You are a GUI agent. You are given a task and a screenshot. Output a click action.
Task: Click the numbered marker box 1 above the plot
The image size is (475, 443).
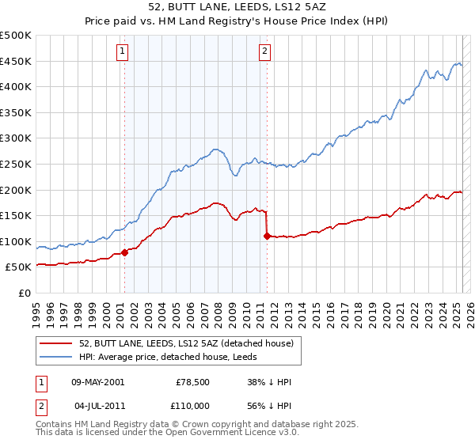click(x=123, y=52)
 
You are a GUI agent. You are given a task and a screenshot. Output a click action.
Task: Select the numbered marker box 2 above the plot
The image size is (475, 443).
click(x=264, y=52)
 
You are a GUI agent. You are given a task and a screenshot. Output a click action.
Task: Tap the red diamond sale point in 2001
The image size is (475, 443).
click(x=124, y=253)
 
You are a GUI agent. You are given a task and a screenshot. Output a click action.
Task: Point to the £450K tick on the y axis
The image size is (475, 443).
click(x=17, y=61)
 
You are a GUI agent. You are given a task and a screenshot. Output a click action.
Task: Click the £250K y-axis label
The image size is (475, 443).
click(x=17, y=164)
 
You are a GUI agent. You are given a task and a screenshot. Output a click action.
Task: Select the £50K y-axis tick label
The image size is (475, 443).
click(x=19, y=267)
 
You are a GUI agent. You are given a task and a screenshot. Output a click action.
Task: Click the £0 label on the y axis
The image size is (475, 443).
click(x=25, y=293)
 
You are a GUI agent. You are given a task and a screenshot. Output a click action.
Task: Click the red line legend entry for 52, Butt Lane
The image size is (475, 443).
click(x=186, y=343)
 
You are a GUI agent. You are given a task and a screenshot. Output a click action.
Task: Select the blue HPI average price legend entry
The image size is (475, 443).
click(x=174, y=358)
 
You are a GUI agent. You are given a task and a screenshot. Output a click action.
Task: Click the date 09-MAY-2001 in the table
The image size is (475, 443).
click(x=97, y=382)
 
